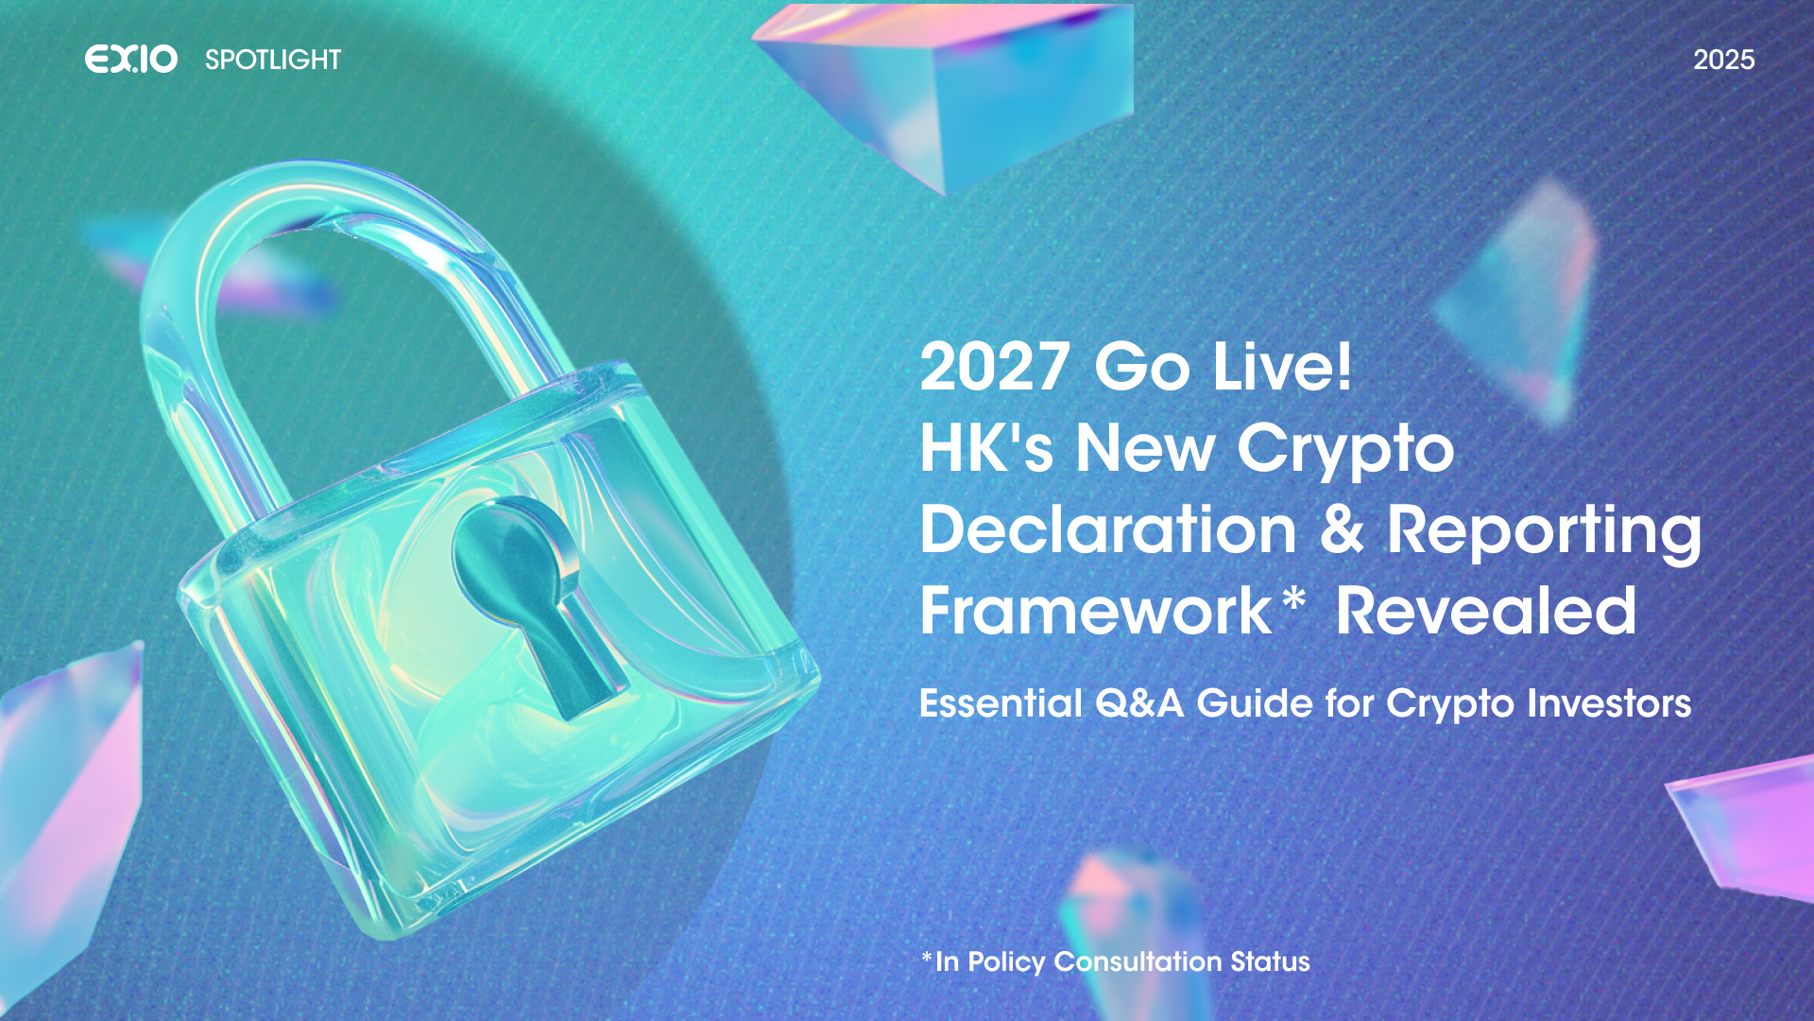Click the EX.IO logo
131,60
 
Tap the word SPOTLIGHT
273,60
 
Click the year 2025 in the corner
1723,60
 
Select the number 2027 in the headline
995,367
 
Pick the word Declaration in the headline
1108,528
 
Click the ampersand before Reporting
1342,528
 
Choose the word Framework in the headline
1096,611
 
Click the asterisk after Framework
1293,599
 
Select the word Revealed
1485,611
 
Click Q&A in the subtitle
1138,704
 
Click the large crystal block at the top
945,90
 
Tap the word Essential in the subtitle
1001,703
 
